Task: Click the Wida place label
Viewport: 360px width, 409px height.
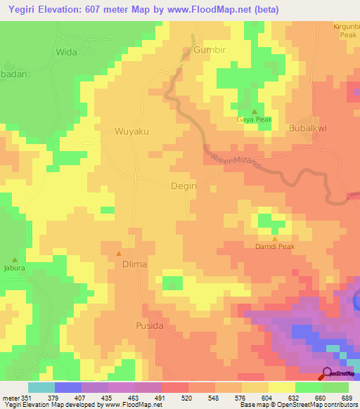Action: [66, 52]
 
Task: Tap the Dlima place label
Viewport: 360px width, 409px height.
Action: [134, 264]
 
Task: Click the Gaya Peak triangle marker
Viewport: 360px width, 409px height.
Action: [255, 112]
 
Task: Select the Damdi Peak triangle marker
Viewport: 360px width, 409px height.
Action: [274, 239]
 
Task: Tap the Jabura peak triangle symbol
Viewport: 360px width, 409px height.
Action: [14, 259]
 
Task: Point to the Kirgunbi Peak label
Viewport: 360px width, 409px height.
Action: [346, 30]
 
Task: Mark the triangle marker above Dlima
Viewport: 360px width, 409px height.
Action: [118, 253]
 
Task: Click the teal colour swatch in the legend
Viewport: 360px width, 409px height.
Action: [41, 387]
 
